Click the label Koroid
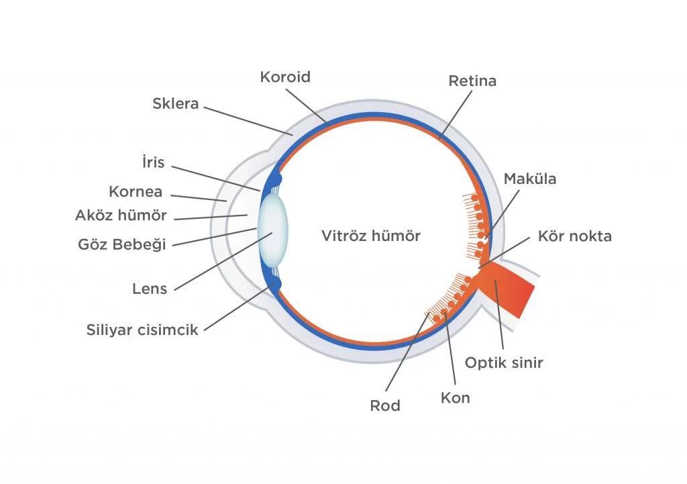pyautogui.click(x=285, y=77)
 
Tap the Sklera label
pyautogui.click(x=176, y=103)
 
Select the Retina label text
pyautogui.click(x=472, y=81)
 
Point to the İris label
pyautogui.click(x=154, y=162)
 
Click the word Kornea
pyautogui.click(x=136, y=191)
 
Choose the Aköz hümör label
pyautogui.click(x=121, y=215)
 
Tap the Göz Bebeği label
pyautogui.click(x=122, y=244)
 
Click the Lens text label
pyautogui.click(x=150, y=289)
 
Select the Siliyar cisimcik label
pyautogui.click(x=142, y=330)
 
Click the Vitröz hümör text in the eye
pyautogui.click(x=371, y=236)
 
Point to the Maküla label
pyautogui.click(x=530, y=179)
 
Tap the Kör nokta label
pyautogui.click(x=575, y=236)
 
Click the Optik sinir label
pyautogui.click(x=504, y=362)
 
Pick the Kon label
pyautogui.click(x=456, y=397)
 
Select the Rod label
pyautogui.click(x=385, y=405)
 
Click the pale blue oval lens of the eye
pyautogui.click(x=272, y=230)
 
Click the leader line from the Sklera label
pyautogui.click(x=248, y=121)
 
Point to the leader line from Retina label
pyautogui.click(x=456, y=114)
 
